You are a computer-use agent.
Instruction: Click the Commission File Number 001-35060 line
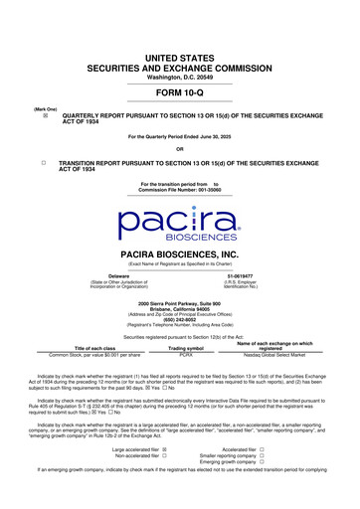tap(180, 189)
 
